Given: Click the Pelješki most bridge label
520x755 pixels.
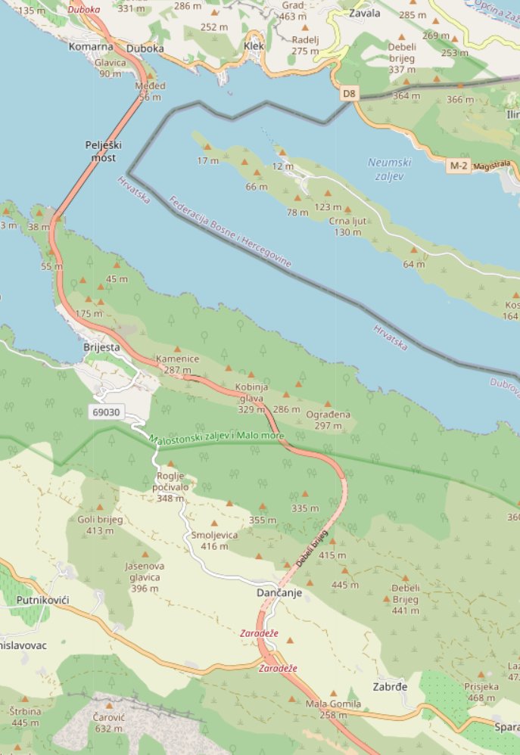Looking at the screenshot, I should (104, 151).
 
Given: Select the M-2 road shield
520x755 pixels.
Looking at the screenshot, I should (459, 165).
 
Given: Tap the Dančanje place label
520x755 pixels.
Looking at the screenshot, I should (279, 593).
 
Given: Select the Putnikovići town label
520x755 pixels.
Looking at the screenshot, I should (42, 600).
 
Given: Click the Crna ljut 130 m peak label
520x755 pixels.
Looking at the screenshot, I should (348, 226).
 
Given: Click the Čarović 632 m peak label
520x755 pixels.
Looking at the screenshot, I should (109, 722).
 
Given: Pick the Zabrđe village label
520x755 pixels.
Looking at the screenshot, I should (391, 687).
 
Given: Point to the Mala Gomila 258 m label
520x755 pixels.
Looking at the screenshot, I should (333, 710).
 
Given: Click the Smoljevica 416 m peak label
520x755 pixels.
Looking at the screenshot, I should (215, 540).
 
